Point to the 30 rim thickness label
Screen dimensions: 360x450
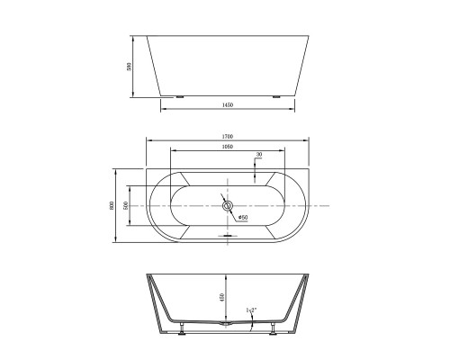tap(258, 155)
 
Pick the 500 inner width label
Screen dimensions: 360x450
tap(126, 205)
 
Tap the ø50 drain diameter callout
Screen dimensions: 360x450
tap(241, 216)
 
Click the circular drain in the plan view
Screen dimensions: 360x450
tap(227, 206)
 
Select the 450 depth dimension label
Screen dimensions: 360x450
tap(221, 297)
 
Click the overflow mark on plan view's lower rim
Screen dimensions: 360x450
tap(227, 236)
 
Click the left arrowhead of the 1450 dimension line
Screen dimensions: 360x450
tap(163, 111)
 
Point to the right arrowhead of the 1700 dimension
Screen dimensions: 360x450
tap(308, 142)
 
